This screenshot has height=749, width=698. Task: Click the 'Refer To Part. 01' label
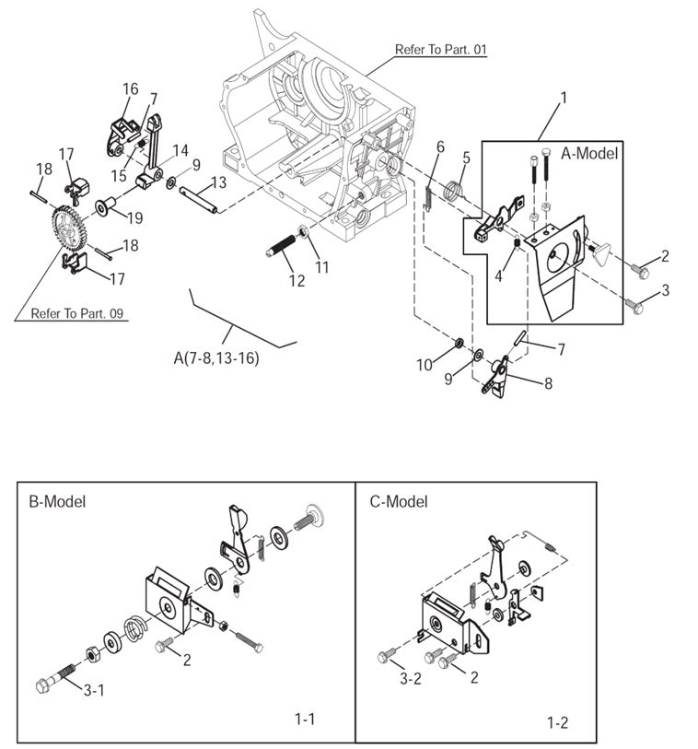440,50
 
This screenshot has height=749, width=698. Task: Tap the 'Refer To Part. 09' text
77,313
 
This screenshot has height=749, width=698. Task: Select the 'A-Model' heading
590,154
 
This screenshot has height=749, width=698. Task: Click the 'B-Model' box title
57,502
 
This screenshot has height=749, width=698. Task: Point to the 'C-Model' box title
399,502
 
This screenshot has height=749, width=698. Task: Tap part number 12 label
296,281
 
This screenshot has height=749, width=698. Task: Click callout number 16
130,89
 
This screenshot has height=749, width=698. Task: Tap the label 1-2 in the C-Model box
557,723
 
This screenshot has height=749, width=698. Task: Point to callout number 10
424,365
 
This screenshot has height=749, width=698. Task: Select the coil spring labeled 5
451,191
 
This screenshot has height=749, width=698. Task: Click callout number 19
134,218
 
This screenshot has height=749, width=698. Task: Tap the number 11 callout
321,267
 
